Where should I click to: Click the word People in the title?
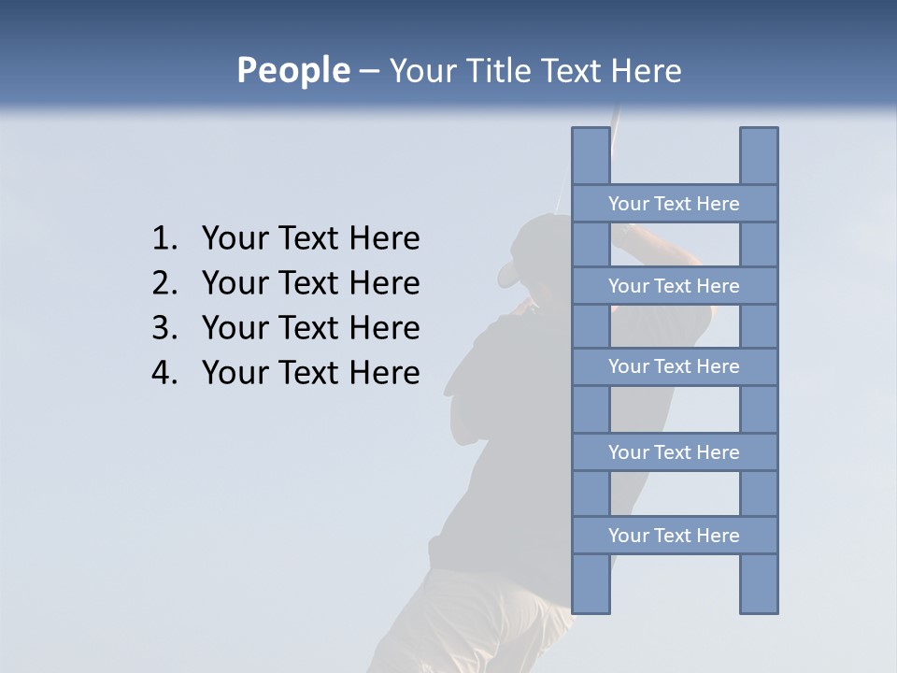click(292, 71)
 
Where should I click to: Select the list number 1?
click(164, 239)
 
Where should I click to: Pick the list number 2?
click(164, 283)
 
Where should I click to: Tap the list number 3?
click(164, 328)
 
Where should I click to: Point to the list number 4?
click(164, 373)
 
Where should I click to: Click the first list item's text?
click(310, 239)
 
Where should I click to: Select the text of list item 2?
click(310, 283)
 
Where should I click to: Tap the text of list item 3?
click(310, 328)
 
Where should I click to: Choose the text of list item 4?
click(310, 373)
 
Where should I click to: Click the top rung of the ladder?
click(674, 204)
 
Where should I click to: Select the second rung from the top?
click(674, 286)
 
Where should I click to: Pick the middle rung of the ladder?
click(674, 366)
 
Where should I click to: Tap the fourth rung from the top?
click(674, 452)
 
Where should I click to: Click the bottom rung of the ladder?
click(674, 536)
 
